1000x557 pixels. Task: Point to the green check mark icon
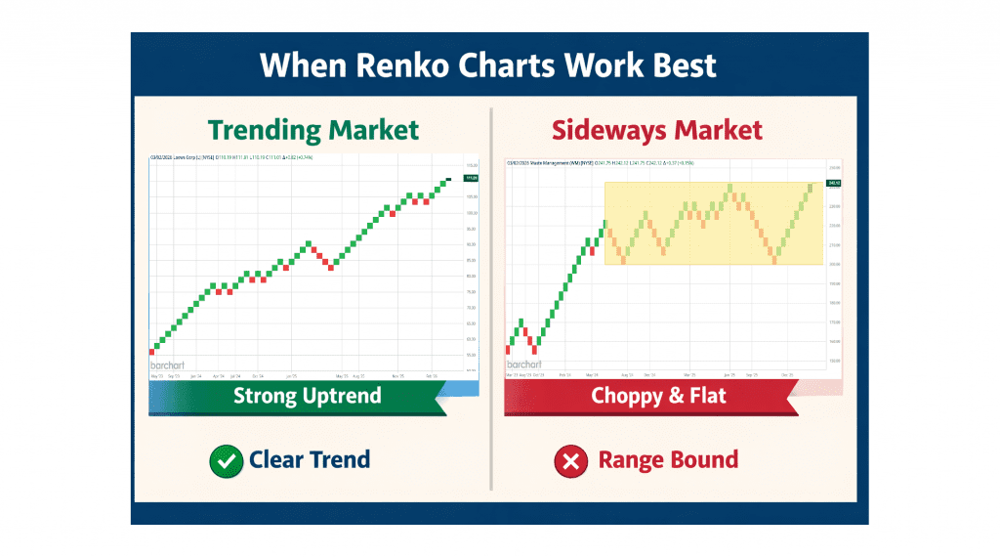click(226, 460)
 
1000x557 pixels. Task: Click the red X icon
click(570, 460)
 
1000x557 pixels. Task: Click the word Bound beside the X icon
click(701, 459)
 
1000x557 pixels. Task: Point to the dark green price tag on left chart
click(471, 178)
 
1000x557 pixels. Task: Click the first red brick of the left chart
click(152, 350)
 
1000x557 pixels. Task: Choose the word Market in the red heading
click(719, 130)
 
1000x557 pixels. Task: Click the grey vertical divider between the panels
click(491, 293)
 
